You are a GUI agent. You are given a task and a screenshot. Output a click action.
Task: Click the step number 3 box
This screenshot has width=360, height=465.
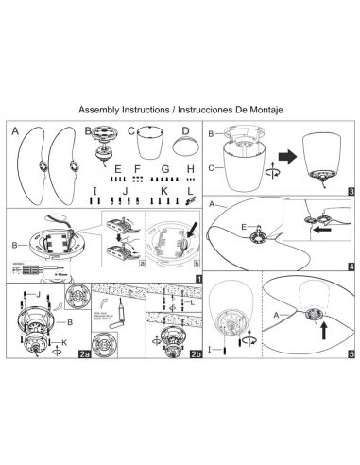(350, 193)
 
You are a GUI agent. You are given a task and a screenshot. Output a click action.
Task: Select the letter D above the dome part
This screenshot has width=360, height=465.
(186, 131)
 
